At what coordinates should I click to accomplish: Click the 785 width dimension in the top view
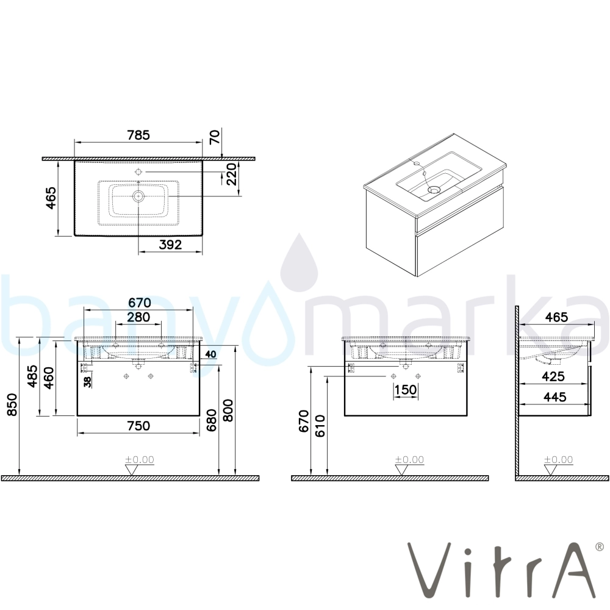138,135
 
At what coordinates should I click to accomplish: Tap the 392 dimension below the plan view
170,245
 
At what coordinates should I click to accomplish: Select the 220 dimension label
231,174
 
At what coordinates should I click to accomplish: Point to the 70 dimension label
215,137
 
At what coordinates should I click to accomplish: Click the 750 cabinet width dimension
138,426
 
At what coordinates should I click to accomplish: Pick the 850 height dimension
12,404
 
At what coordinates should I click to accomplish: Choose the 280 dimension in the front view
138,317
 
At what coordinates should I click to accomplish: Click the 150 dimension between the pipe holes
406,389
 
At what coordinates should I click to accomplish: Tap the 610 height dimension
320,426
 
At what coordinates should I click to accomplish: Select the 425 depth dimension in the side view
553,376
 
